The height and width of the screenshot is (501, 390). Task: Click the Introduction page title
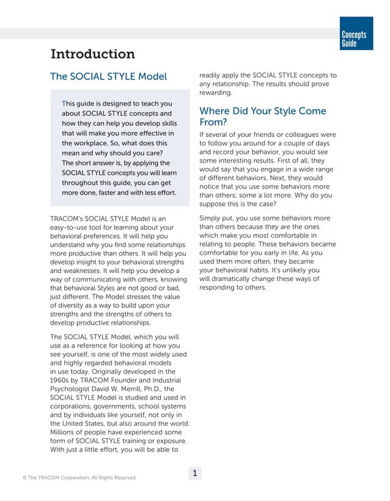pyautogui.click(x=92, y=54)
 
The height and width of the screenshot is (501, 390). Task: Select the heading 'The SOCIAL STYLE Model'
pyautogui.click(x=108, y=77)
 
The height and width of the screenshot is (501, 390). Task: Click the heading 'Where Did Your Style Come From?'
pyautogui.click(x=263, y=117)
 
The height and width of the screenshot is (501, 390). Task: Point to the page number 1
pyautogui.click(x=194, y=473)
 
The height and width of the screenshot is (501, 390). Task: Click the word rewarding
pyautogui.click(x=215, y=93)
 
